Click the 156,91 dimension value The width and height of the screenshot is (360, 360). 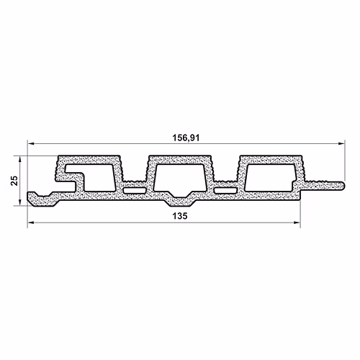pos(186,138)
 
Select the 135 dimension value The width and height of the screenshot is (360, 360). pos(179,216)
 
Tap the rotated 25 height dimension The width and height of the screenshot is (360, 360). pos(14,181)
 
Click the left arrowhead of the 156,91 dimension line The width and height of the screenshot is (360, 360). pos(31,144)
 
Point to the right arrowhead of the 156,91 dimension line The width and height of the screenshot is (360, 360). pos(341,144)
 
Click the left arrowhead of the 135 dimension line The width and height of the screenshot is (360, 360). pos(31,222)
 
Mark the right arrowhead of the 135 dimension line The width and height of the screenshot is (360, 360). pos(297,222)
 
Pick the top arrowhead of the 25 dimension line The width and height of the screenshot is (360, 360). pos(20,160)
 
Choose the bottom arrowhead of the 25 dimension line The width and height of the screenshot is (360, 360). pos(20,202)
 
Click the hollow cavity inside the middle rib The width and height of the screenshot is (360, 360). pos(179,178)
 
